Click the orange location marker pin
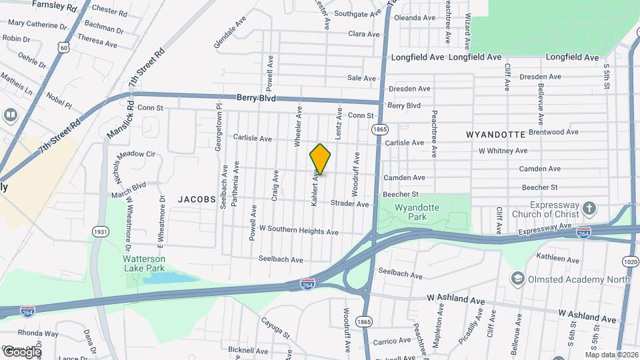click(x=320, y=159)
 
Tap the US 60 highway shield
click(x=63, y=48)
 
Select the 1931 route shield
click(x=101, y=231)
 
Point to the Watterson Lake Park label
click(x=143, y=263)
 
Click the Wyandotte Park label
click(x=417, y=212)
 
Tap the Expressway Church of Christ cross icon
click(x=589, y=208)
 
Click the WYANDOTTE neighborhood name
click(x=495, y=134)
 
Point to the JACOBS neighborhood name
click(x=197, y=199)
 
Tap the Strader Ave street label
click(x=349, y=203)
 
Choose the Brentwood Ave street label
click(x=553, y=133)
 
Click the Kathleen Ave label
click(x=541, y=258)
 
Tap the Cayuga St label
click(x=276, y=328)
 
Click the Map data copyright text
click(x=611, y=354)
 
